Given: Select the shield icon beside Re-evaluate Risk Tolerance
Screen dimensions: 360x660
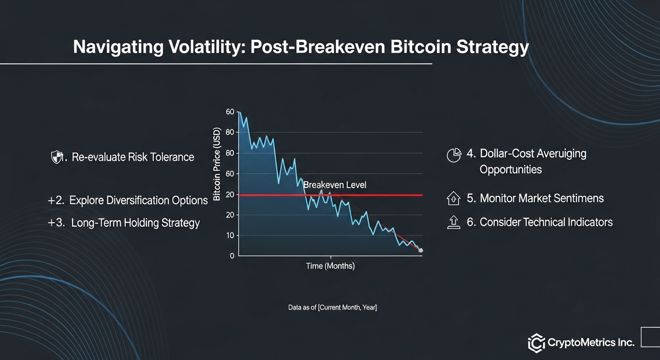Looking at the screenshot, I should click(x=57, y=157).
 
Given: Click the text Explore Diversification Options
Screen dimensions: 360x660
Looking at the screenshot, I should click(x=138, y=201).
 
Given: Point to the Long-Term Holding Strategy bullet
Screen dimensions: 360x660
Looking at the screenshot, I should click(x=135, y=223).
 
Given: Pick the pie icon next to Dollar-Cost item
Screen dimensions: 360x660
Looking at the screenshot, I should click(x=454, y=155).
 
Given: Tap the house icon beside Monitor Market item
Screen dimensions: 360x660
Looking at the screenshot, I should click(x=454, y=198).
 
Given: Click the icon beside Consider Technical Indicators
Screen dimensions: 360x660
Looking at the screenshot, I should click(x=454, y=222).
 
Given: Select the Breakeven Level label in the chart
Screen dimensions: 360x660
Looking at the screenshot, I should click(x=335, y=185).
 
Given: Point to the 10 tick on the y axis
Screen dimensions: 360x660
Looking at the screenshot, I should click(x=230, y=235).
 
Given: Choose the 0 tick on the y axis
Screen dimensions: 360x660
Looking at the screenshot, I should click(x=232, y=256).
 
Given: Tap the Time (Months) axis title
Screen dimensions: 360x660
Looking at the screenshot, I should click(x=330, y=266).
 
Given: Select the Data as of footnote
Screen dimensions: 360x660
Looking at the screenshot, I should click(x=332, y=307).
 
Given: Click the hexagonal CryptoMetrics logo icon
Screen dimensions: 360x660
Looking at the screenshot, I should click(x=536, y=343).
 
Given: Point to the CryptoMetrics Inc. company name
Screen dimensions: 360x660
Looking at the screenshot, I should click(x=591, y=343).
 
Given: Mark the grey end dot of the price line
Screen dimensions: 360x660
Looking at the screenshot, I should click(x=420, y=250).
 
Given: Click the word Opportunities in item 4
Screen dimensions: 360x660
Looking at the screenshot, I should click(x=510, y=169).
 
